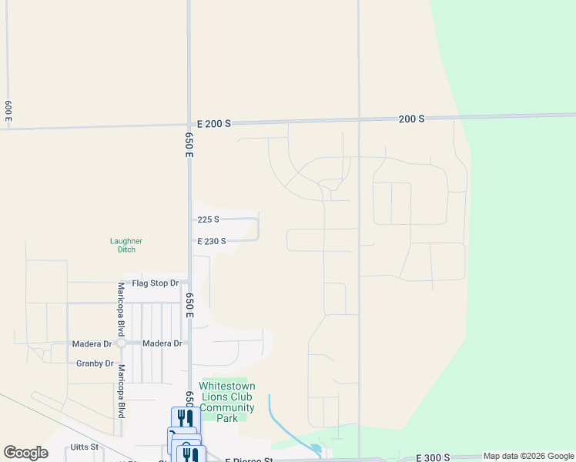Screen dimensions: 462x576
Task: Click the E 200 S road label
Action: (x=214, y=123)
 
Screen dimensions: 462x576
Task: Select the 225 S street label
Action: (x=208, y=219)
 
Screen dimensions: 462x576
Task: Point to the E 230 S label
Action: (x=212, y=241)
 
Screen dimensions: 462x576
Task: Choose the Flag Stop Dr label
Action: (x=155, y=283)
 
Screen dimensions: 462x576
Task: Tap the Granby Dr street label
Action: (x=95, y=363)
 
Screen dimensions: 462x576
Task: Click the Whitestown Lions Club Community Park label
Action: (x=226, y=402)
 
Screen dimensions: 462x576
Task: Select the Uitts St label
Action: (x=84, y=447)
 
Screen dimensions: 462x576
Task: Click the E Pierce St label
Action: (x=249, y=460)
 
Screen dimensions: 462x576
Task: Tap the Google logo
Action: (x=25, y=453)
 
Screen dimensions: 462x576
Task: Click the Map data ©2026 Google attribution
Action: (x=528, y=457)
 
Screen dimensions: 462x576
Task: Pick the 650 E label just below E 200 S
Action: (x=189, y=144)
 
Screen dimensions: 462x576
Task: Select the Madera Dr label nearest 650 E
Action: (x=162, y=343)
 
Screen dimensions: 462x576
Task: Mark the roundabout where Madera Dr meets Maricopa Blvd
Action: (x=121, y=343)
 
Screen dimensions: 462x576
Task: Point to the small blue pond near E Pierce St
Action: (x=315, y=448)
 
